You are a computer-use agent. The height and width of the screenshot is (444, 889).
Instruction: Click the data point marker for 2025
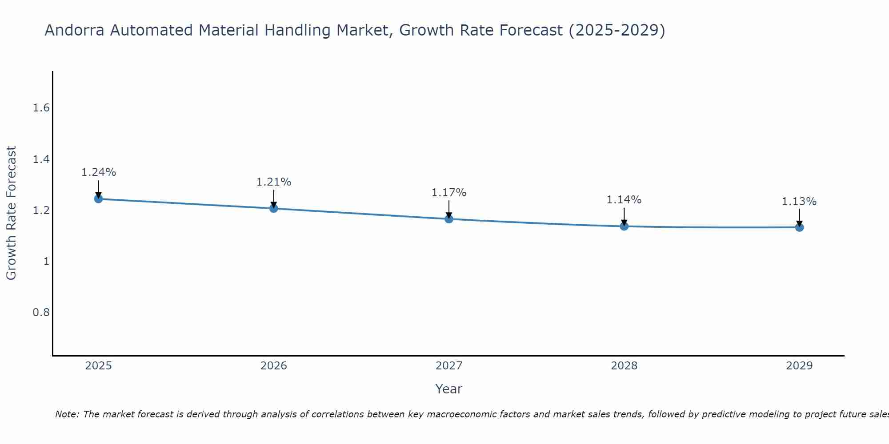(98, 198)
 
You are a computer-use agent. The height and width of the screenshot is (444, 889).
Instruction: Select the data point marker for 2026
(273, 208)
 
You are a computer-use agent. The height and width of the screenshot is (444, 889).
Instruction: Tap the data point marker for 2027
(449, 219)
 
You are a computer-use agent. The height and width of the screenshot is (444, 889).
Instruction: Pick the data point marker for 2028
(624, 226)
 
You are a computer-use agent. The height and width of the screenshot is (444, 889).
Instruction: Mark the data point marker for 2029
(799, 227)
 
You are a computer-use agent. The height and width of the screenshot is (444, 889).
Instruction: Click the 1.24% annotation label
(98, 172)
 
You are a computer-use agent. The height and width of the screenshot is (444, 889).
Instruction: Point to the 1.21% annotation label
(273, 182)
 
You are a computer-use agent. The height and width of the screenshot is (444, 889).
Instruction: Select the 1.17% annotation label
(449, 193)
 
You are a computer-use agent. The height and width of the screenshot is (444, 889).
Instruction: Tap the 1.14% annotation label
(624, 200)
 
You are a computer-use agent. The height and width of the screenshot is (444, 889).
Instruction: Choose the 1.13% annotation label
(799, 202)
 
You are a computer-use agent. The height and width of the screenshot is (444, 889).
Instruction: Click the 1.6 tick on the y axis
(41, 108)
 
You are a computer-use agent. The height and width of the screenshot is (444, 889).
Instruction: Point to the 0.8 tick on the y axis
(41, 313)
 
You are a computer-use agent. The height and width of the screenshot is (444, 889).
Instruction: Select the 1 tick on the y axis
(46, 262)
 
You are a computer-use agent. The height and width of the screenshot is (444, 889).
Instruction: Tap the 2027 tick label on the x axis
(449, 366)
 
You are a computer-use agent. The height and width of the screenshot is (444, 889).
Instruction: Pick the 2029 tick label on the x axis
(799, 366)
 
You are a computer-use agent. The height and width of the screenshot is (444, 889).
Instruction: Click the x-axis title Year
(449, 389)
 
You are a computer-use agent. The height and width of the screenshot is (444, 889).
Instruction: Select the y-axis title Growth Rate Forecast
(12, 213)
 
